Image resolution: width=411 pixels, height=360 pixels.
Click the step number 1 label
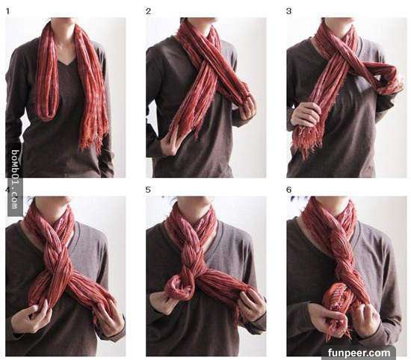[7, 11]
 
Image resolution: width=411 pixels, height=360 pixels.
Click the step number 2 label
[149, 11]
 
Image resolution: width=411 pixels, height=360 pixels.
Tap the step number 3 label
[289, 11]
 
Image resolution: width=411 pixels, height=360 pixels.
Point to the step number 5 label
[149, 190]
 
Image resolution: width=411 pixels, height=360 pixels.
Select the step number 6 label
[289, 190]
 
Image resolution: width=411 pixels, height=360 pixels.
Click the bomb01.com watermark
[15, 179]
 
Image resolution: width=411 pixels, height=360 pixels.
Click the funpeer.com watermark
[359, 353]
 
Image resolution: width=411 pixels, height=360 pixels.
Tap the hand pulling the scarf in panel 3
[306, 114]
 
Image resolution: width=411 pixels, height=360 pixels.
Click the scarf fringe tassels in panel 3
[306, 141]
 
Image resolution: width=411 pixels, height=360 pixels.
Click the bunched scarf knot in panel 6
[338, 299]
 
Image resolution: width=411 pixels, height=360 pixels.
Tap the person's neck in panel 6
[333, 210]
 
